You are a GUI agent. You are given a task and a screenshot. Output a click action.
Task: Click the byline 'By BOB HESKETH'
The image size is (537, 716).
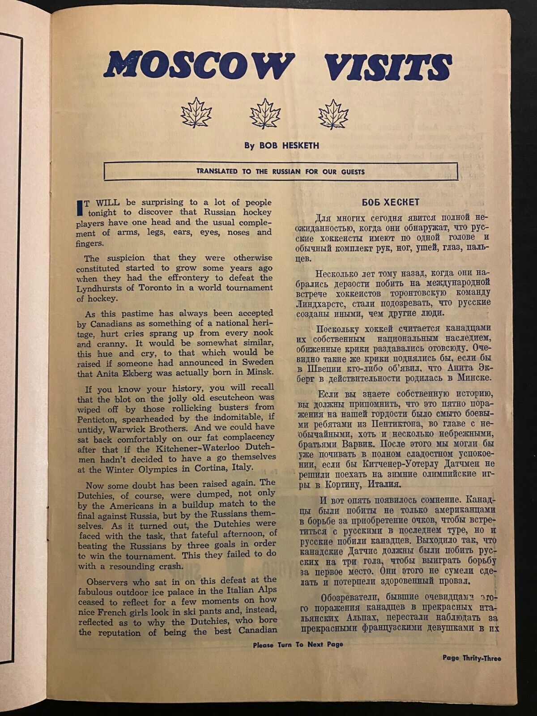click(281, 145)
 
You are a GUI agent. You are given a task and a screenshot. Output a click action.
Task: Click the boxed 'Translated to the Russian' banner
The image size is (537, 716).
click(281, 171)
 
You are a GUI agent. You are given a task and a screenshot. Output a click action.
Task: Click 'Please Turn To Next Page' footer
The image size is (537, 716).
click(298, 645)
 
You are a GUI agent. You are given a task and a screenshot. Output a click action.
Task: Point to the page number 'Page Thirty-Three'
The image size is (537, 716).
click(472, 658)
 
